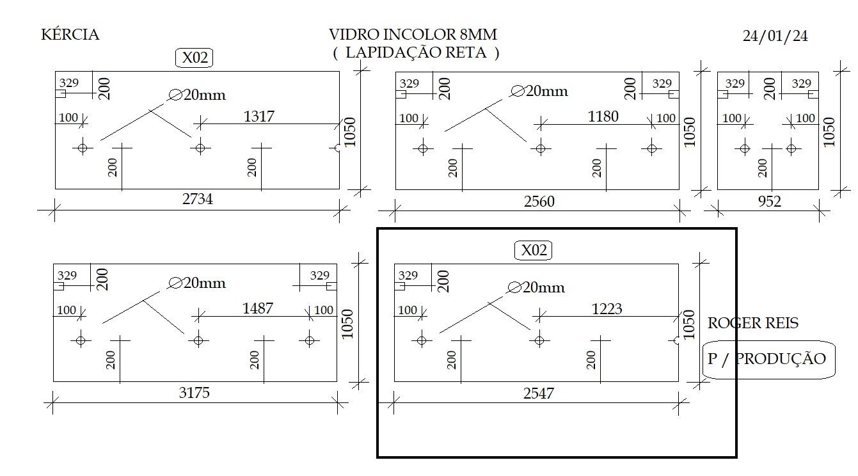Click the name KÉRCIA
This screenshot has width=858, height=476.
point(70,35)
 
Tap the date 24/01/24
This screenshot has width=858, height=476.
point(775,36)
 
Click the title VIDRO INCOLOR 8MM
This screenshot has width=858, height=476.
point(413,35)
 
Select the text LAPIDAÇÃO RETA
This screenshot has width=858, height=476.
point(416,52)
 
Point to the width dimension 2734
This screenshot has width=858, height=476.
point(197,199)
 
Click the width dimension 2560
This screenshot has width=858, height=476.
point(539,202)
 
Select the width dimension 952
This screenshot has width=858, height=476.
point(770,202)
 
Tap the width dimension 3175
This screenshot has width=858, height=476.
point(195,393)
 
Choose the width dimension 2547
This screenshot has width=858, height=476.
point(539,393)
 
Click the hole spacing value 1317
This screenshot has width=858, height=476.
point(259,116)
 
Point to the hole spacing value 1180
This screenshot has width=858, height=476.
point(603,116)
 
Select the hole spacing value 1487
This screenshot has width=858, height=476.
point(257,308)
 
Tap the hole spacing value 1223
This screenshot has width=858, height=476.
point(607,308)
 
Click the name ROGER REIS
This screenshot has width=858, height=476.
point(752,323)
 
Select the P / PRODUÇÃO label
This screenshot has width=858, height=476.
point(767,359)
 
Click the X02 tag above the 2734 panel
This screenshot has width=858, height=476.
point(195,58)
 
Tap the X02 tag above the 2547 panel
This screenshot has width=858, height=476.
point(533,250)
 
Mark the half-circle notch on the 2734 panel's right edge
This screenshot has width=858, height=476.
point(337,148)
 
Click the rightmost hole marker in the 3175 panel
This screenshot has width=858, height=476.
point(310,340)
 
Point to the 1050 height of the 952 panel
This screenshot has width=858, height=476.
point(829,132)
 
